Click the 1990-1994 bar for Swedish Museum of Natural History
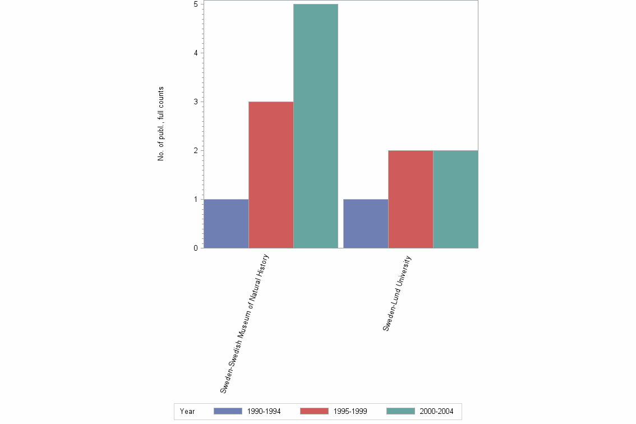pyautogui.click(x=226, y=223)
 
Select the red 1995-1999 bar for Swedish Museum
pyautogui.click(x=271, y=174)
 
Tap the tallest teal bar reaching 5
pyautogui.click(x=316, y=126)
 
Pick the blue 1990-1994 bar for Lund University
pyautogui.click(x=366, y=223)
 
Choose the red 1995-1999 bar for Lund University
pyautogui.click(x=411, y=199)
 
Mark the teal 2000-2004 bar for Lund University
pyautogui.click(x=455, y=199)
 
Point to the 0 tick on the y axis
pyautogui.click(x=195, y=248)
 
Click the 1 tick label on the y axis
pyautogui.click(x=195, y=199)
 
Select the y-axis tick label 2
pyautogui.click(x=195, y=150)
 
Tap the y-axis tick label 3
pyautogui.click(x=195, y=102)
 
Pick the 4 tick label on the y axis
pyautogui.click(x=195, y=53)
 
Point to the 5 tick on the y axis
pyautogui.click(x=195, y=4)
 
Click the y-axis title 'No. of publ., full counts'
pyautogui.click(x=160, y=124)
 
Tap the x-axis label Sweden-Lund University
pyautogui.click(x=397, y=293)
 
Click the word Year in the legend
pyautogui.click(x=187, y=412)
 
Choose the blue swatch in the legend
pyautogui.click(x=228, y=411)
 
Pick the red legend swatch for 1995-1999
pyautogui.click(x=314, y=411)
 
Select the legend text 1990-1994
pyautogui.click(x=264, y=412)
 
